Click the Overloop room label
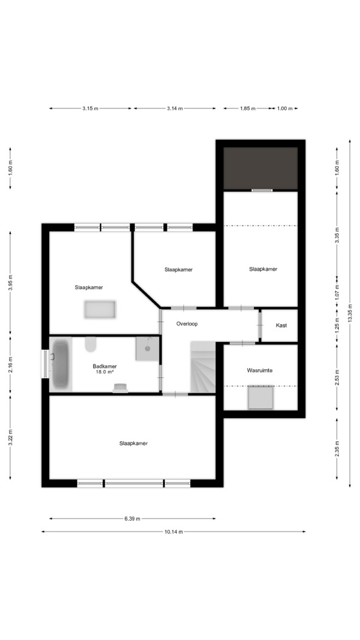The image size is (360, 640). pos(187,324)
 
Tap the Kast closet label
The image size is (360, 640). pos(281,325)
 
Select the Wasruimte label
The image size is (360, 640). pos(259,371)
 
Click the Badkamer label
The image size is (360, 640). pos(105,366)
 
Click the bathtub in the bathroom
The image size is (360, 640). pos(60,364)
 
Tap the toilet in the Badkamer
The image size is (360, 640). pos(91,344)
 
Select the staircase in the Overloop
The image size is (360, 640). pos(203,368)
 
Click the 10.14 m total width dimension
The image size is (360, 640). pos(173,532)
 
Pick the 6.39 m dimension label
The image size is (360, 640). pos(132,519)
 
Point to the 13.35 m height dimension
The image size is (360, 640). pos(350,313)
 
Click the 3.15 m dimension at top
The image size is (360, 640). pos(90,108)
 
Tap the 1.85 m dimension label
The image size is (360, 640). pos(247,108)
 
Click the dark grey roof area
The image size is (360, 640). pos(261,168)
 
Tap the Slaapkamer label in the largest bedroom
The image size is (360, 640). pos(133,443)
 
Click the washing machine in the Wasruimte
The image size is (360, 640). pos(261,397)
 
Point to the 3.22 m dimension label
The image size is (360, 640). pos(10,438)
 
